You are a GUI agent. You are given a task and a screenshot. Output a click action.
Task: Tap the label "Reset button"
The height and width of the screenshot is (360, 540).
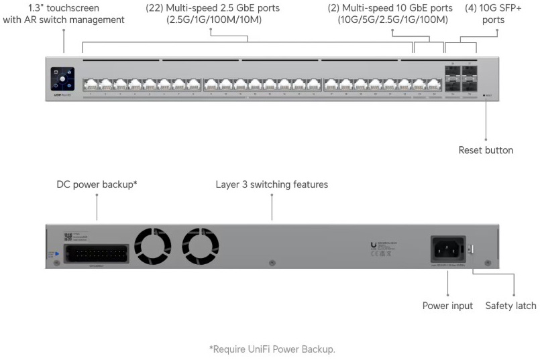click(486, 150)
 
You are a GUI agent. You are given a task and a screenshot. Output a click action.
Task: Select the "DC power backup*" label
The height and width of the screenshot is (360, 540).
click(97, 184)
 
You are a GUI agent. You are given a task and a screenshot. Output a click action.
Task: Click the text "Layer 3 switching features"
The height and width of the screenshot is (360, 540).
click(272, 184)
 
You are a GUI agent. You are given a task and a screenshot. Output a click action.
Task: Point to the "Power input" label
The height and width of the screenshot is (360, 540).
click(447, 306)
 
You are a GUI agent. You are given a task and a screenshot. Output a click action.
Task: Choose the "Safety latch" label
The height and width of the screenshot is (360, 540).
click(510, 306)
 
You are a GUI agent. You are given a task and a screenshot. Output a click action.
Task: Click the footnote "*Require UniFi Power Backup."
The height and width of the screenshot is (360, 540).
click(272, 349)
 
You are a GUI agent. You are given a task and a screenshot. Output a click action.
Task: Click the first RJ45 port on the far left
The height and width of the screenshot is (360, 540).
click(89, 84)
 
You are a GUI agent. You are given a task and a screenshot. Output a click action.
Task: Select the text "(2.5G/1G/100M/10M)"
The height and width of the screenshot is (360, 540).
click(214, 20)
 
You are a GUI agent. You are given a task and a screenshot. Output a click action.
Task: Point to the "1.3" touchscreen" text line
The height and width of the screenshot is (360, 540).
click(64, 8)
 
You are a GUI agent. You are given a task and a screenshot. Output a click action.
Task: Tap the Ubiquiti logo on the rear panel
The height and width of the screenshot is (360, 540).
click(373, 247)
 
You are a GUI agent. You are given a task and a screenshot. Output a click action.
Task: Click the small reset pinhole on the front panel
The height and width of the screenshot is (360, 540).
click(485, 96)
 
